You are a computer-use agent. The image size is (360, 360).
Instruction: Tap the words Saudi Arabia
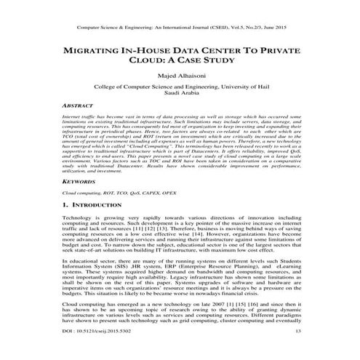coord(179,92)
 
